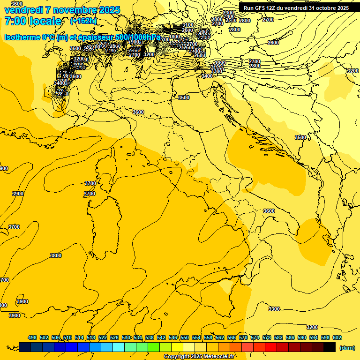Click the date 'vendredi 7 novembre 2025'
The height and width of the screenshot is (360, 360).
tap(62, 10)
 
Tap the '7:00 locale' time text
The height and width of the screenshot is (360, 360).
tap(33, 21)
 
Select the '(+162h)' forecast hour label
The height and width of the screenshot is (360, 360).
tap(83, 21)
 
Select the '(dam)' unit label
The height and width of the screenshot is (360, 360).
tap(347, 347)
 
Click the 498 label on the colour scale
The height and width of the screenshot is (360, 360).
tap(32, 337)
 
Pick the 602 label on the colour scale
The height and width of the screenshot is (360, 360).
tap(337, 337)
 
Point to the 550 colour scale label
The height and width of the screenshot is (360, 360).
tap(185, 337)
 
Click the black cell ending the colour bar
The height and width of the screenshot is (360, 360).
tap(330, 347)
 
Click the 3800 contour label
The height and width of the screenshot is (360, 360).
tap(56, 255)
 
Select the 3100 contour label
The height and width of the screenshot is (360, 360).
tap(188, 25)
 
